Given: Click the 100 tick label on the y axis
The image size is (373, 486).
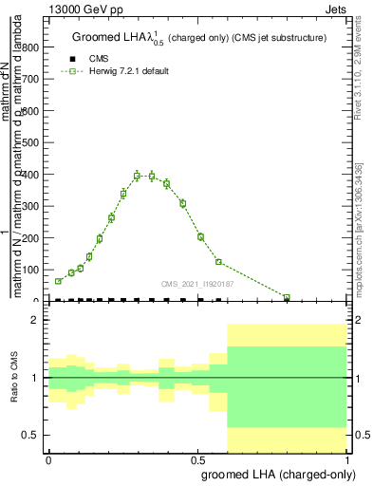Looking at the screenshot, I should pyautogui.click(x=32, y=270).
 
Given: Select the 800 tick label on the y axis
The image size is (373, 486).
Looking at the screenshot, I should pyautogui.click(x=32, y=47).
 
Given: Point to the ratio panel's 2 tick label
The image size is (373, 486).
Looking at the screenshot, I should pyautogui.click(x=35, y=320).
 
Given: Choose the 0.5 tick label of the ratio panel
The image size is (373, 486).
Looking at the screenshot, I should pyautogui.click(x=30, y=435).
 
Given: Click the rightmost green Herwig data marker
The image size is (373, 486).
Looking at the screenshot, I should pyautogui.click(x=287, y=297).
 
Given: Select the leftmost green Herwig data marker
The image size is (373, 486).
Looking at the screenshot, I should pyautogui.click(x=58, y=281).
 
